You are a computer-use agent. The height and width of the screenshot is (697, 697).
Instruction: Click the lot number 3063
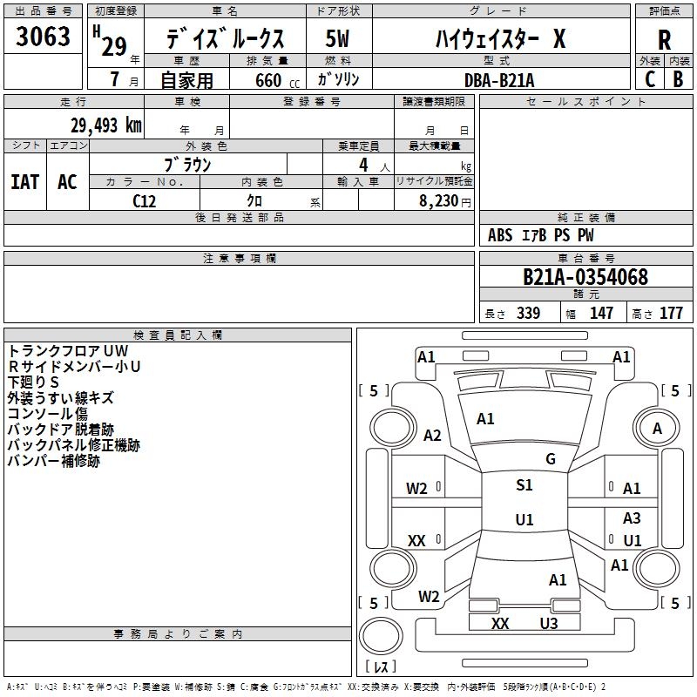click(x=43, y=36)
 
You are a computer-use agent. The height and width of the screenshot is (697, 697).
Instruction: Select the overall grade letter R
click(x=664, y=40)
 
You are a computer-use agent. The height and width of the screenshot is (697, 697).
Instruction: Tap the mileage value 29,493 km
click(x=105, y=125)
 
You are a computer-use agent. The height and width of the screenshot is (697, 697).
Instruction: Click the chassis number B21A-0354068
click(x=585, y=276)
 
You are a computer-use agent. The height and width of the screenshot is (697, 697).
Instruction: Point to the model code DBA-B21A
click(x=499, y=80)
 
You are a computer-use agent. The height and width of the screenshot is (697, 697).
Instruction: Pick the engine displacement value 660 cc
click(x=277, y=80)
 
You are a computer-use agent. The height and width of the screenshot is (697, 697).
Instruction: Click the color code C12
click(x=144, y=201)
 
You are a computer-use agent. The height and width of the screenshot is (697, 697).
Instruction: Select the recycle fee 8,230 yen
click(x=444, y=201)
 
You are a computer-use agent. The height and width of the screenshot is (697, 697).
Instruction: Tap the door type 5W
click(x=337, y=38)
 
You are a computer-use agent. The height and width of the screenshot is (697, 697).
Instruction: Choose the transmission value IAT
click(x=25, y=182)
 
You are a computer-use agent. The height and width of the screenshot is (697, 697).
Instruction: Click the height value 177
click(x=671, y=313)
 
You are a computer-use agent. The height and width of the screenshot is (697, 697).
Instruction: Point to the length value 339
click(x=528, y=313)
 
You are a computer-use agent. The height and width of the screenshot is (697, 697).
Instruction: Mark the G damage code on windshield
click(x=551, y=458)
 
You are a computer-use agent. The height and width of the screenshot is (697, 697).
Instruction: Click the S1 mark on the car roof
click(x=524, y=484)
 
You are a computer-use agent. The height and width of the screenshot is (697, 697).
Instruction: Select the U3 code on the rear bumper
click(x=549, y=623)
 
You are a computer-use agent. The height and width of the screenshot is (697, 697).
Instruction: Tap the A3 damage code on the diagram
click(x=632, y=518)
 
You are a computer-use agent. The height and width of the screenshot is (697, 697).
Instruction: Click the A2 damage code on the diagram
click(x=432, y=435)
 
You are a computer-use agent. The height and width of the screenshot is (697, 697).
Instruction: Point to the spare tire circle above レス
click(x=381, y=636)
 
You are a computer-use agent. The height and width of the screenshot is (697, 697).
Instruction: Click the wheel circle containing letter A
click(x=657, y=428)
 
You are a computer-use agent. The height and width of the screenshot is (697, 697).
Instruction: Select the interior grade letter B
click(x=678, y=79)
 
